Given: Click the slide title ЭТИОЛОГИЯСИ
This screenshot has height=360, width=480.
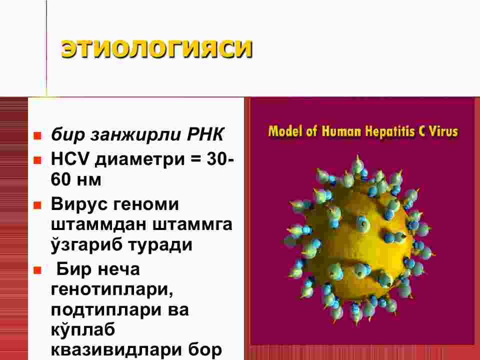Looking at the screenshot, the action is (x=156, y=48).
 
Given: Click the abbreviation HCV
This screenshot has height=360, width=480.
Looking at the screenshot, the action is (x=70, y=159).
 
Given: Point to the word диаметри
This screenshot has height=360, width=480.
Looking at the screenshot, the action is (x=139, y=160).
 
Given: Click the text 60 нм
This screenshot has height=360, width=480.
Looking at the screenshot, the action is (x=76, y=179).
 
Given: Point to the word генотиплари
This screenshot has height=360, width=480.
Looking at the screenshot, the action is (x=112, y=289).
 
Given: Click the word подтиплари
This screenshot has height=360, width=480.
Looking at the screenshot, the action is (x=106, y=310).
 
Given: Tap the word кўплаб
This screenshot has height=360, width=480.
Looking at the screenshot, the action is (x=83, y=329).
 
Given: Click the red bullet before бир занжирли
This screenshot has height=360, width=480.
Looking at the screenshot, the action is (x=37, y=135).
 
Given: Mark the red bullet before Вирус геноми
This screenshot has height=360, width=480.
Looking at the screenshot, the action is (x=37, y=205).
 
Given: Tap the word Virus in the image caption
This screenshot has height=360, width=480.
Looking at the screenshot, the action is (x=443, y=131).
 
